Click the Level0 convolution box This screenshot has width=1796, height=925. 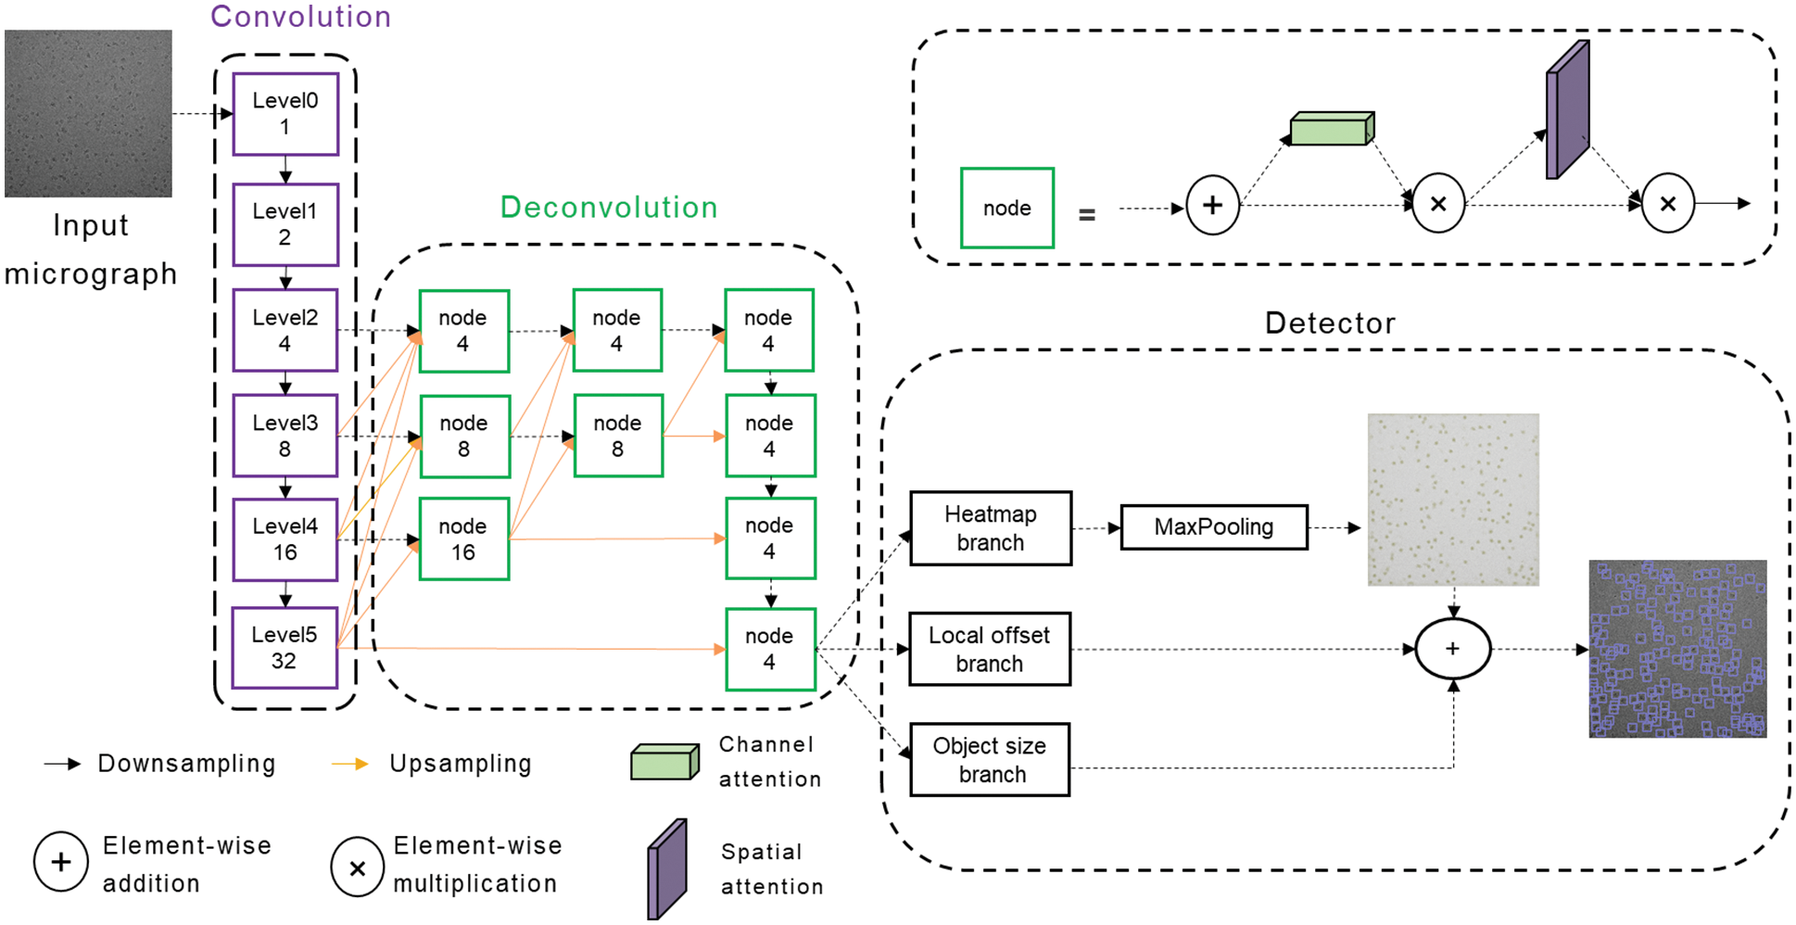285,114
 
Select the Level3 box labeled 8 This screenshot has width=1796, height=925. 285,436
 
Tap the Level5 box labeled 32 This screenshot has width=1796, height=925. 285,648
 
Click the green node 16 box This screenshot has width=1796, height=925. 463,539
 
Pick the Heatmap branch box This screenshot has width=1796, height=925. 991,528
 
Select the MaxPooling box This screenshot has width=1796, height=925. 1214,527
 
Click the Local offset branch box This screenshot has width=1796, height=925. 990,649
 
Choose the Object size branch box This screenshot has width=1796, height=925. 990,760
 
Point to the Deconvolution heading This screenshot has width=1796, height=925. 609,207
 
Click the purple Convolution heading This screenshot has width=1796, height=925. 300,17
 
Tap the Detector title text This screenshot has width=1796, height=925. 1330,323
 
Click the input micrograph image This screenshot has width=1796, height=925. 88,113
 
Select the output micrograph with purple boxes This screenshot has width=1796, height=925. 1677,649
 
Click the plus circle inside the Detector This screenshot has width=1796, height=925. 1453,649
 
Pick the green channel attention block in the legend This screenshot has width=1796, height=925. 664,762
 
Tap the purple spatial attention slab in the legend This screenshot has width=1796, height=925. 667,868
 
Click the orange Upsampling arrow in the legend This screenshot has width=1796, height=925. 349,764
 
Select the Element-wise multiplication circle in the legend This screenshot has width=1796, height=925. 357,867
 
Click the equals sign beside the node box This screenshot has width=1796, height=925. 1087,215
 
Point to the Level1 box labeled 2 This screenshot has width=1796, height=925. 285,224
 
